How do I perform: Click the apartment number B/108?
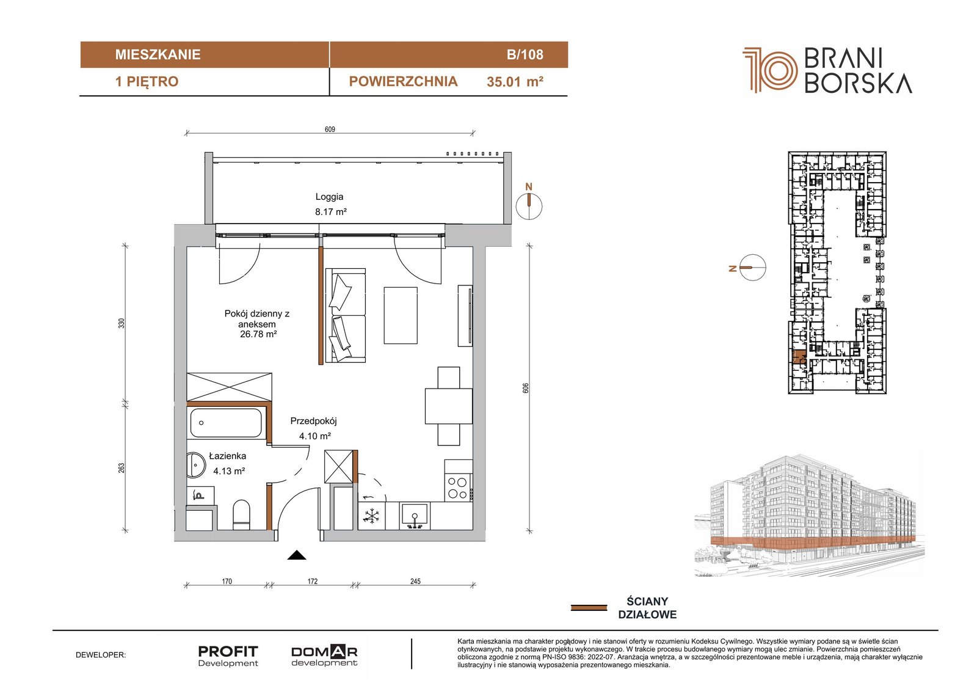[x=525, y=54]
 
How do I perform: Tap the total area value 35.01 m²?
[x=515, y=82]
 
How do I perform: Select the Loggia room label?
[x=329, y=197]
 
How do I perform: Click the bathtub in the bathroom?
[x=226, y=423]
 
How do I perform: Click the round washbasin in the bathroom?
[x=195, y=466]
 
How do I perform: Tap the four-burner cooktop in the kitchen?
[x=458, y=488]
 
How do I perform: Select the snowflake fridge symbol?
[x=371, y=516]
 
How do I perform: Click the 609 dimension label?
[x=330, y=129]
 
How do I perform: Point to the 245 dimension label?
[x=415, y=581]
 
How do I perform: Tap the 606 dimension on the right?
[x=526, y=387]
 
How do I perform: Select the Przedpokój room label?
[x=314, y=421]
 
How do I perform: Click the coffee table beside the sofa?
[x=401, y=315]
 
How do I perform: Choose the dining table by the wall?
[x=449, y=406]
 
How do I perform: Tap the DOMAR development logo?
[x=324, y=656]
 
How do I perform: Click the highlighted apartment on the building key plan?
[x=799, y=357]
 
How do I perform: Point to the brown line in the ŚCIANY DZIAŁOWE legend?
[x=589, y=608]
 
